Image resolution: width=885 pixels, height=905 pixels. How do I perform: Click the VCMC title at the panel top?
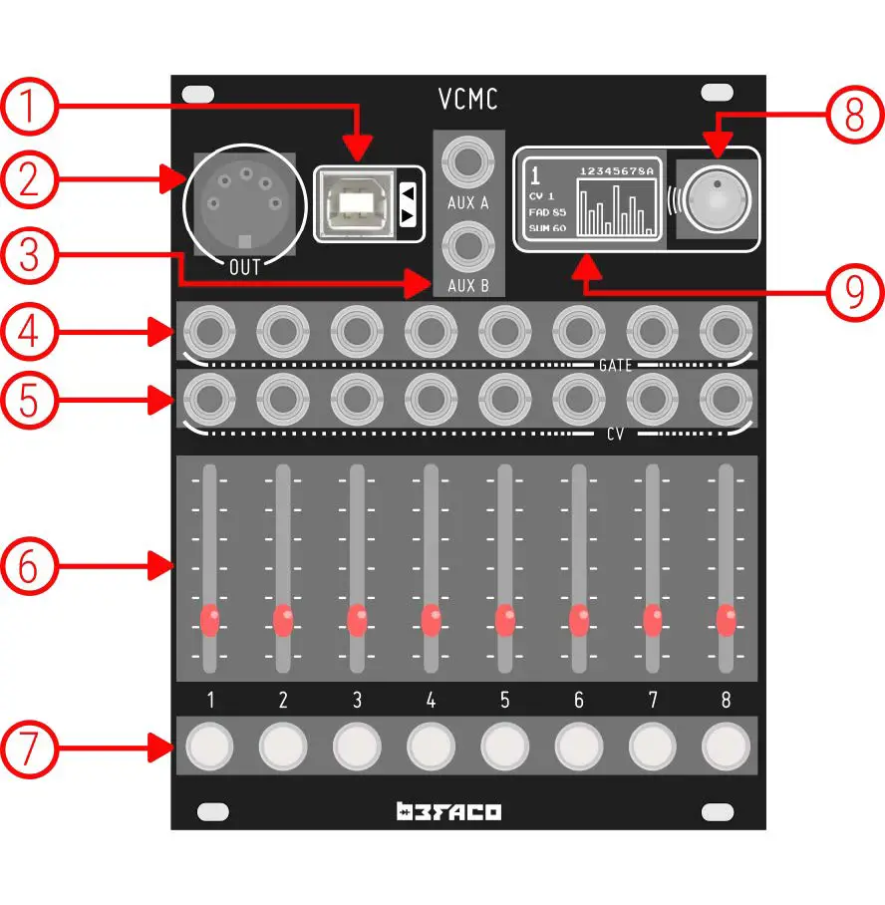468,99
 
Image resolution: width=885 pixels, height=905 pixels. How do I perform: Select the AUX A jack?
467,160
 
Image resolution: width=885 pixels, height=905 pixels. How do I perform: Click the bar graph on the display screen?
617,208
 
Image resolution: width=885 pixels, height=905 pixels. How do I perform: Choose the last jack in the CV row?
726,399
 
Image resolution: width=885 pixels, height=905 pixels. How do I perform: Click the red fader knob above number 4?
431,619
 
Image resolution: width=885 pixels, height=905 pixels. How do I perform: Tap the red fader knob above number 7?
652,619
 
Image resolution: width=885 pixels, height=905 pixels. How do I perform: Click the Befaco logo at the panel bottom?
448,811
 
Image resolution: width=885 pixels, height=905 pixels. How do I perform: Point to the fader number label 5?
504,701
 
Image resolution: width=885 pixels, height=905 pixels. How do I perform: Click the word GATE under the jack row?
616,367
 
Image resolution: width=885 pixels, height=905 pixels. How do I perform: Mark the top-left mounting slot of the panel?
198,93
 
